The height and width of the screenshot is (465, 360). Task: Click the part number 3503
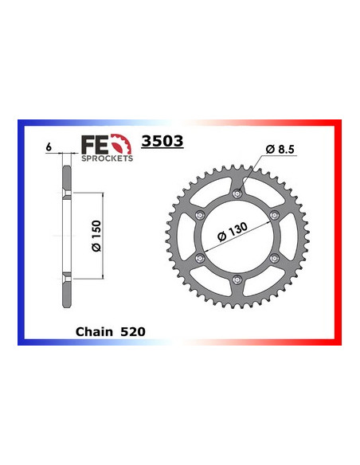click(x=162, y=143)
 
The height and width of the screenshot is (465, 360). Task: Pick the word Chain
click(x=93, y=327)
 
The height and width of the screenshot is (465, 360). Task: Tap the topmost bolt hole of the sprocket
click(x=238, y=194)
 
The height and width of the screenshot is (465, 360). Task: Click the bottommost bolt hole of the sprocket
click(x=238, y=278)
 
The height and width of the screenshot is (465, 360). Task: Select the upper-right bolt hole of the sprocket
click(x=274, y=215)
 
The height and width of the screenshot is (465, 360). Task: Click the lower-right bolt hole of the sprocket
click(x=274, y=257)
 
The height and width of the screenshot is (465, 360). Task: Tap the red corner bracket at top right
click(x=335, y=127)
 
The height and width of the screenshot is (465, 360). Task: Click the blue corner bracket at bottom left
click(x=24, y=338)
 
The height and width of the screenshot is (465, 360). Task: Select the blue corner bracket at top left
click(x=24, y=127)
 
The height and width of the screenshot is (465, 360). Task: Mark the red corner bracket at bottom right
click(x=335, y=338)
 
